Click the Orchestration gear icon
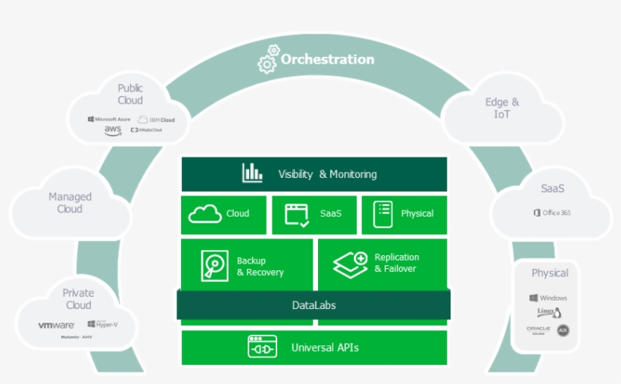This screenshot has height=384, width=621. point(268,59)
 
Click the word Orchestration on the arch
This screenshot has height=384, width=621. point(327,59)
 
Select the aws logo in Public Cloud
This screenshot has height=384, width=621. point(113,130)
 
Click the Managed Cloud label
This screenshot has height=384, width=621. point(70,202)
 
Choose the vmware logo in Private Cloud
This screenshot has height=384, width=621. point(58,325)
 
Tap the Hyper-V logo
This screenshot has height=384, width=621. point(102,324)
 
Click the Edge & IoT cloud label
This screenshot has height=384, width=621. point(502,108)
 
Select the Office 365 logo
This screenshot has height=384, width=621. point(552,213)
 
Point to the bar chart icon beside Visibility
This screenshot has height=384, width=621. point(252,173)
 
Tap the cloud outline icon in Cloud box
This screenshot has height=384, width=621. point(205,214)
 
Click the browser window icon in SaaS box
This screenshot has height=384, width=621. point(297,214)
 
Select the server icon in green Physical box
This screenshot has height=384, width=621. point(383,214)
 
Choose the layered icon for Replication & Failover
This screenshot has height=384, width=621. point(350,264)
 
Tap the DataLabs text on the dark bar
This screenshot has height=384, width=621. point(314,305)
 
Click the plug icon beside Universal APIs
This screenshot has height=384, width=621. point(263,348)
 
